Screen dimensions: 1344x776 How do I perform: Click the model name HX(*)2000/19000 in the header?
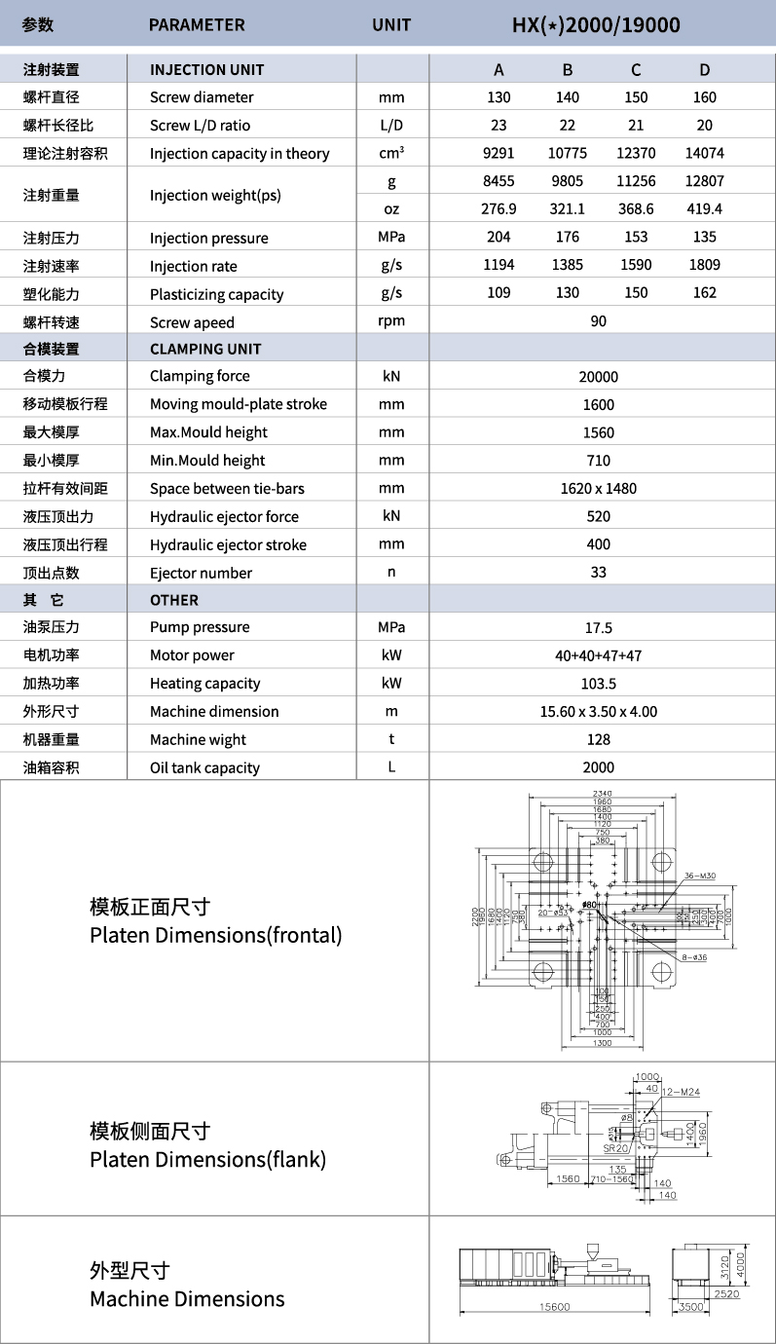(596, 24)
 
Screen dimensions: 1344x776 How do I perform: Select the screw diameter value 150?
(636, 97)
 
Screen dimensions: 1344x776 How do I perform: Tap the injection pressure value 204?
(499, 238)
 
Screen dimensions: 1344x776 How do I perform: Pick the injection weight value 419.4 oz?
(704, 209)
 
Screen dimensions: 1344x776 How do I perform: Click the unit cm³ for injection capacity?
(391, 153)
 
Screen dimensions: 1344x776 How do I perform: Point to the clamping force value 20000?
(598, 377)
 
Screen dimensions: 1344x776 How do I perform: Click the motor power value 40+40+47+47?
(598, 656)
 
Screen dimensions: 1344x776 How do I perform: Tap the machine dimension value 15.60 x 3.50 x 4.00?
(598, 712)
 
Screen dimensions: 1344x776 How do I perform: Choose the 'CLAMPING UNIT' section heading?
(205, 349)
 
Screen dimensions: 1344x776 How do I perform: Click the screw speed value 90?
(598, 321)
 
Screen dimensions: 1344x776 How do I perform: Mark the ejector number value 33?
(598, 573)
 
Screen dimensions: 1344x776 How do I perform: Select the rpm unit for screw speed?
(391, 321)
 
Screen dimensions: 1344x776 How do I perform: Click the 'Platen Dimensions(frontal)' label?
(215, 936)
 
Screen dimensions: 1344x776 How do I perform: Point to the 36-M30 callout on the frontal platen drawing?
(699, 876)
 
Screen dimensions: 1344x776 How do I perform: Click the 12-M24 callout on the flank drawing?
(681, 1092)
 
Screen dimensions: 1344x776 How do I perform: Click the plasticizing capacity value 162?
(704, 293)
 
